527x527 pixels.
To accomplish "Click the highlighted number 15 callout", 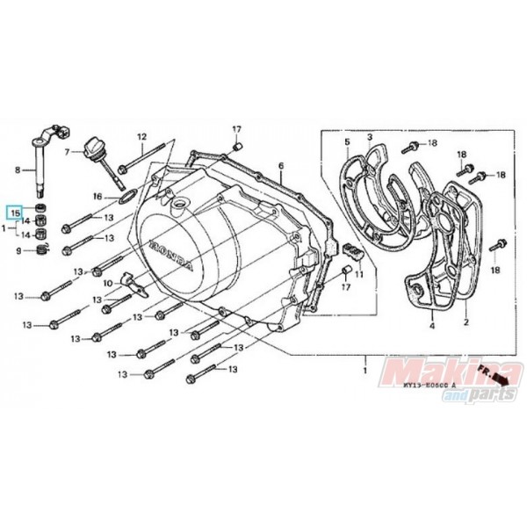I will coord(14,211).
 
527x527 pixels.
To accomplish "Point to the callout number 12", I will coord(140,136).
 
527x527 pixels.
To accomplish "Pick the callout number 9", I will coord(14,251).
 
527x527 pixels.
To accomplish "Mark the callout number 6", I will coord(281,166).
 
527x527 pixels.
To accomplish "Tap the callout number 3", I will coord(370,137).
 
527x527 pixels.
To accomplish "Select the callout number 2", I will coord(466,322).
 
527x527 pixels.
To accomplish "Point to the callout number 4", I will coord(431,327).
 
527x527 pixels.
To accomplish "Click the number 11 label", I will coord(358,250).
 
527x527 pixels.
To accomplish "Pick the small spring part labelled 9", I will coord(41,252).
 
